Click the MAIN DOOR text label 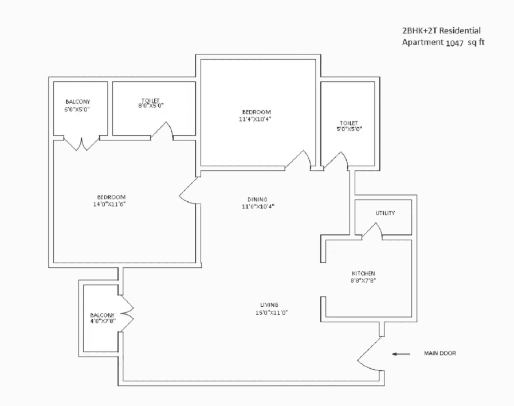click(440, 354)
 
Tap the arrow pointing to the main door click(401, 354)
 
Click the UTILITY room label click(385, 213)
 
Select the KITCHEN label click(363, 274)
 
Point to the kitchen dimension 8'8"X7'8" click(363, 281)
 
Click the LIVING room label click(269, 304)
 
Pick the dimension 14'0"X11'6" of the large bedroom click(109, 204)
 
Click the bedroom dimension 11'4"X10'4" click(256, 119)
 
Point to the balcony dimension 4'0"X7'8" click(102, 322)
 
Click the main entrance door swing click(370, 356)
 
